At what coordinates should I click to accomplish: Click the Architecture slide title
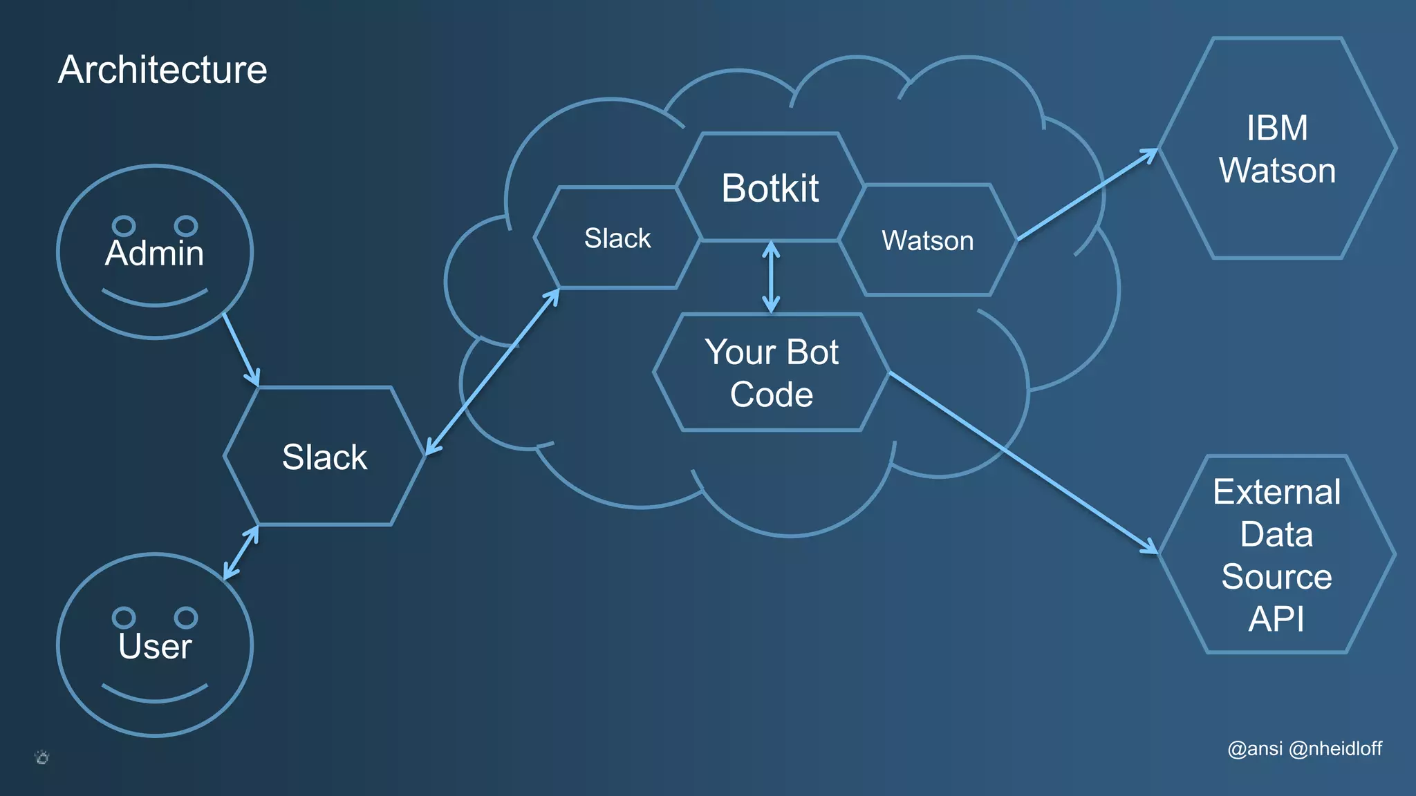(x=162, y=70)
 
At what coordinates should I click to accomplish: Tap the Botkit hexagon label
(x=770, y=188)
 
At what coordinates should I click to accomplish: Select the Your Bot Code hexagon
(x=771, y=373)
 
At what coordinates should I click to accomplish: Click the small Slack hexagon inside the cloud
(x=617, y=238)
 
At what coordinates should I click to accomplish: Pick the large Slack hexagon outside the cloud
(x=324, y=457)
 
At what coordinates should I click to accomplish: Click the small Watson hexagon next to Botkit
(x=927, y=240)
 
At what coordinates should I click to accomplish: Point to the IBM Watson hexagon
(x=1276, y=149)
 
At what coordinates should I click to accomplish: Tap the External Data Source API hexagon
(x=1276, y=554)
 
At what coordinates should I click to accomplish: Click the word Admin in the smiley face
(x=154, y=253)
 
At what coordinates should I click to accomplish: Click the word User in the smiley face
(x=154, y=646)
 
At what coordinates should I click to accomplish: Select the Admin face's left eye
(x=124, y=225)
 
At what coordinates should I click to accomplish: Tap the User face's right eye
(x=186, y=617)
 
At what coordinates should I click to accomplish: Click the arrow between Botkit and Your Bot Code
(x=771, y=276)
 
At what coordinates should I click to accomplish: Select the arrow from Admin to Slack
(x=241, y=349)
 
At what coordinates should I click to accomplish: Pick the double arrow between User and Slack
(x=241, y=552)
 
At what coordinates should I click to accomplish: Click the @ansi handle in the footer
(x=1255, y=748)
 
